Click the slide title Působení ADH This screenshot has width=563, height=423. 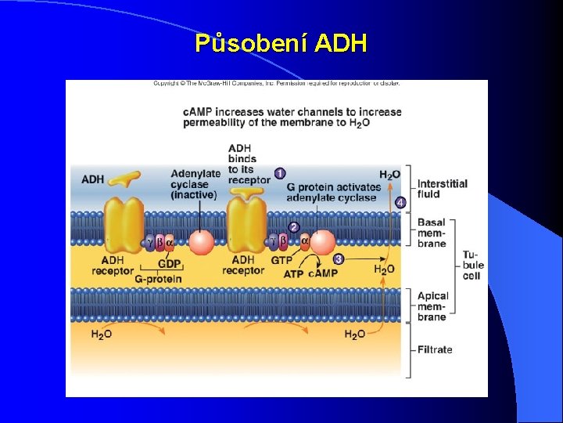(x=281, y=43)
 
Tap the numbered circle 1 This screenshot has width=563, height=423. (x=280, y=173)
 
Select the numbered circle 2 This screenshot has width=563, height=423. (x=294, y=227)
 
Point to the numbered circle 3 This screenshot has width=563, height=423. (x=339, y=258)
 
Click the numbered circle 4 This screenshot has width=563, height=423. (x=400, y=203)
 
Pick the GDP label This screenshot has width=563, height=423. (x=170, y=264)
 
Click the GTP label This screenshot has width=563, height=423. (x=281, y=260)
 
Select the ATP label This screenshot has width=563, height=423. (x=293, y=274)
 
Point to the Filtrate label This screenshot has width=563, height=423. (x=435, y=349)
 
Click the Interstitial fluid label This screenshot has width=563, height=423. (x=443, y=189)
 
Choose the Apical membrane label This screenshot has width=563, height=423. (x=433, y=306)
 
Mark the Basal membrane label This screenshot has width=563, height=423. (x=432, y=233)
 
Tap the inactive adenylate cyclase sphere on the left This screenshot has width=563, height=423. (x=201, y=242)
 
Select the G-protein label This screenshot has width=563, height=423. (x=158, y=279)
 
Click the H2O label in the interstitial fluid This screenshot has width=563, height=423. (x=389, y=175)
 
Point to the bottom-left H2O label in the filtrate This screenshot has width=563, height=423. (x=102, y=334)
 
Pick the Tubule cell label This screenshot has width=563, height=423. (x=472, y=266)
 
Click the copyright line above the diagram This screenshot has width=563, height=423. (x=276, y=83)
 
